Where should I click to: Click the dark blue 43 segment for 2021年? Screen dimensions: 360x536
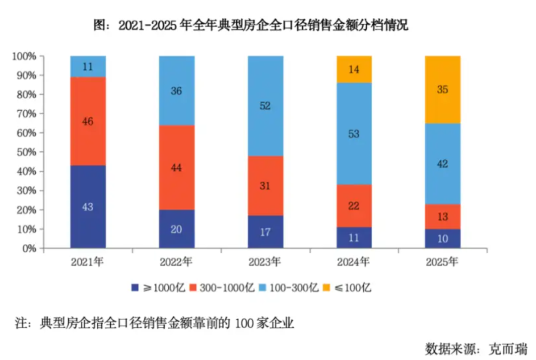[88, 207]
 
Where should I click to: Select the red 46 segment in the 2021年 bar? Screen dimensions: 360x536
[88, 121]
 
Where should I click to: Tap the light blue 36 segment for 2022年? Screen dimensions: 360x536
[177, 90]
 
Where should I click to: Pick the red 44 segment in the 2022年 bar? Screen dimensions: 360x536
[177, 167]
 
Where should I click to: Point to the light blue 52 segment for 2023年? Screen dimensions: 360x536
[265, 105]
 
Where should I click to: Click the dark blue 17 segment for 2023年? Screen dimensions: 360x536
[265, 232]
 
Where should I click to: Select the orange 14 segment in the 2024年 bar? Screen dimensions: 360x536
[354, 69]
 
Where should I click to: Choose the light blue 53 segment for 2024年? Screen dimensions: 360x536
[354, 133]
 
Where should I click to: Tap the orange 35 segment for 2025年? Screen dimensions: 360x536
[443, 89]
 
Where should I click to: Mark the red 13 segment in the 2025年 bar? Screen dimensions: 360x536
[443, 216]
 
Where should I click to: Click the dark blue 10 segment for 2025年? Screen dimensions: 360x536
[443, 238]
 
